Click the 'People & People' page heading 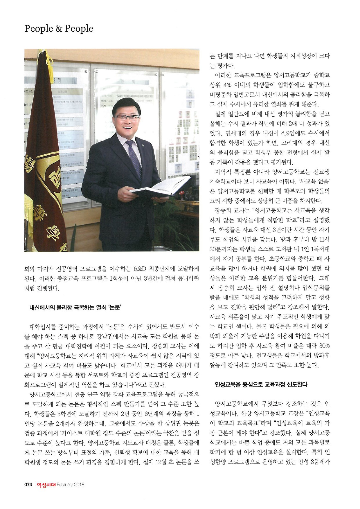click(59, 29)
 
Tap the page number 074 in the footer click(28, 484)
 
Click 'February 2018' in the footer click(71, 484)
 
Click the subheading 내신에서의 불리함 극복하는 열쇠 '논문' click(75, 307)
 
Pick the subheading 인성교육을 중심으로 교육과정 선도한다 click(261, 384)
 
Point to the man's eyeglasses click(127, 117)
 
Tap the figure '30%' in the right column click(324, 346)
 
